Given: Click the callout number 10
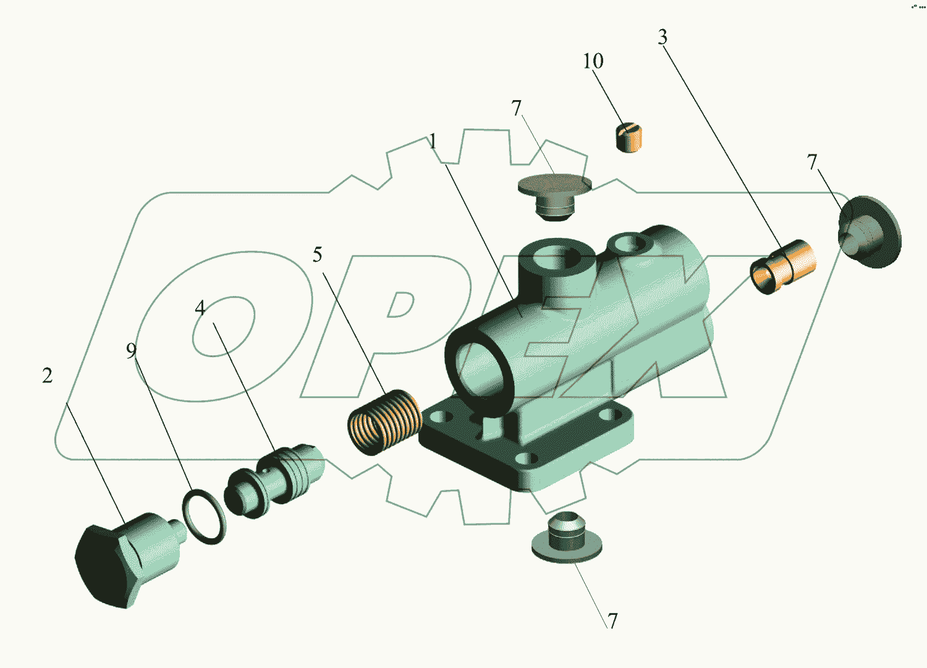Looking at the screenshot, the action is click(x=593, y=61).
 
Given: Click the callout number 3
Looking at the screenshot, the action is click(x=662, y=38).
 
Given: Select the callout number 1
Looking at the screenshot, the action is click(x=433, y=142).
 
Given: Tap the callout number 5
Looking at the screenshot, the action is click(x=317, y=255).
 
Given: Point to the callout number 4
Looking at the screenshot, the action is click(x=200, y=308).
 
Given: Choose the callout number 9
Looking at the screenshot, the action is click(x=131, y=351).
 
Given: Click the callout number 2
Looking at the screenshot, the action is click(x=48, y=375).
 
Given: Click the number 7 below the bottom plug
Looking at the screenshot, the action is click(x=612, y=620).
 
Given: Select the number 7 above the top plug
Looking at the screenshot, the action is click(x=517, y=108).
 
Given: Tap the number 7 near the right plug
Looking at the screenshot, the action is click(x=812, y=162).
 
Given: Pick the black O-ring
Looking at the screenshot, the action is click(x=204, y=517).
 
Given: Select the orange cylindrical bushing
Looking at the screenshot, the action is click(x=783, y=266).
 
